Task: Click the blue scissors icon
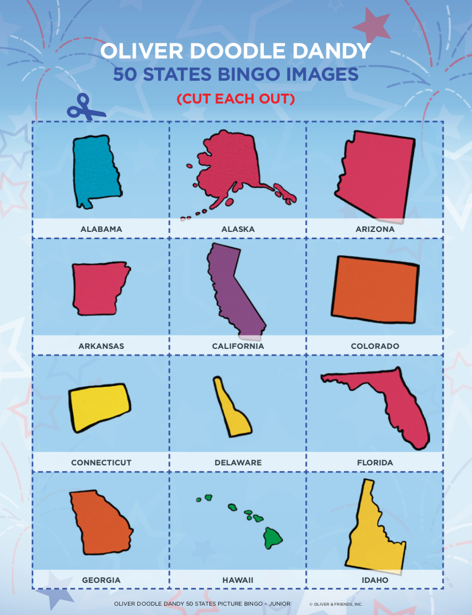(85, 107)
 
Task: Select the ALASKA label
(238, 229)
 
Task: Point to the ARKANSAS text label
(101, 346)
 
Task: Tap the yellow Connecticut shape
(98, 406)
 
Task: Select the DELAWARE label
(238, 463)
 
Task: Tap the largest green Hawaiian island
(273, 538)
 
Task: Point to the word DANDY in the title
(336, 51)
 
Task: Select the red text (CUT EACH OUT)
(236, 99)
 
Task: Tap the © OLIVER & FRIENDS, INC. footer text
(336, 604)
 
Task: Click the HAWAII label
(238, 580)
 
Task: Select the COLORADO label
(375, 346)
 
